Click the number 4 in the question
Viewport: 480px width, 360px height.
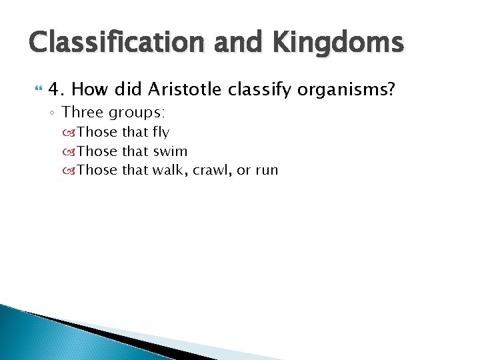click(55, 89)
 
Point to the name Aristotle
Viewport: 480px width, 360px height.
click(183, 89)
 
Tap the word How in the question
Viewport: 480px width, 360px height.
click(89, 89)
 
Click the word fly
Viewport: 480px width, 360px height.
click(161, 132)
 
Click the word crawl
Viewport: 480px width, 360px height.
click(210, 169)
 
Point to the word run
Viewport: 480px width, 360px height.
click(266, 170)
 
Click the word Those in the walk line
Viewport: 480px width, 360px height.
click(97, 169)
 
